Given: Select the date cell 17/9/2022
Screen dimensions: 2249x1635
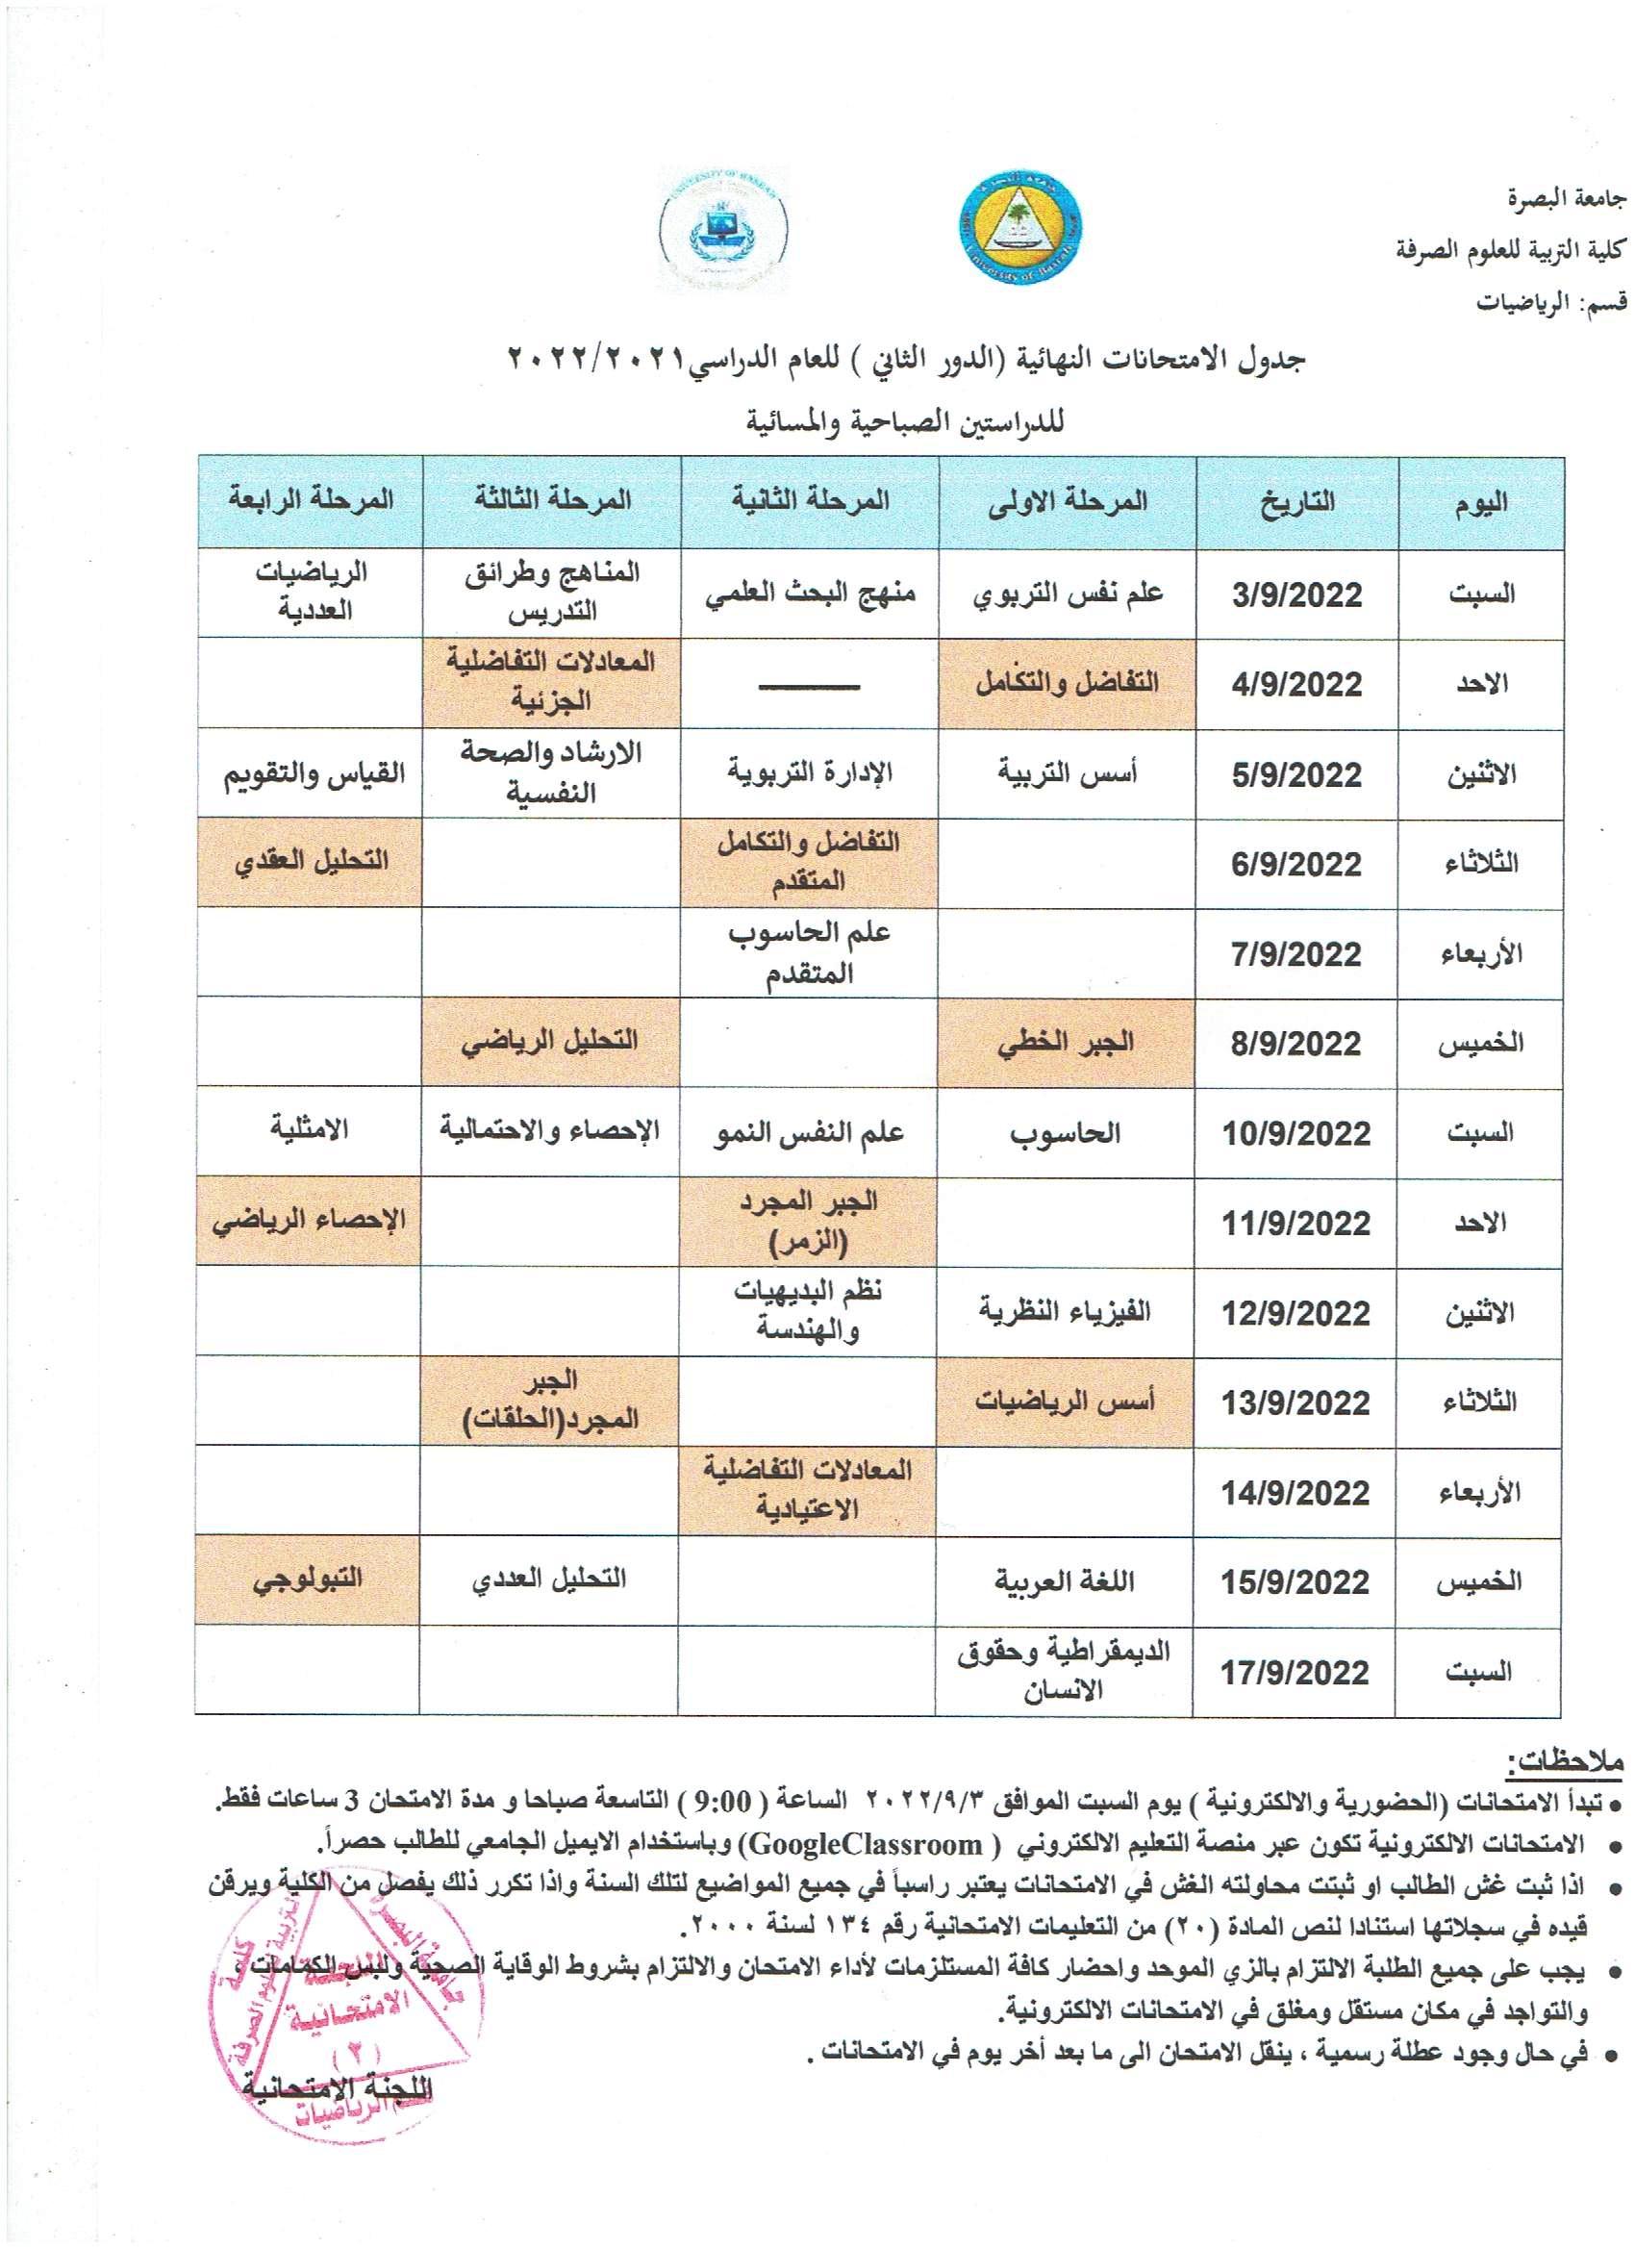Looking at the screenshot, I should point(1295,1673).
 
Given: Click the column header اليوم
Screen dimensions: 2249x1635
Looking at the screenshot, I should point(1480,503).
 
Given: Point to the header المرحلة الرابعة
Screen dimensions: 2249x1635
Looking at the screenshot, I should point(312,500).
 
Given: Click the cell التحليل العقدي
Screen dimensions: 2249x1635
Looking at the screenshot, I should point(312,861).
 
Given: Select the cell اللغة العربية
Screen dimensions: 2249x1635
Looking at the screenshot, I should point(1064,1581).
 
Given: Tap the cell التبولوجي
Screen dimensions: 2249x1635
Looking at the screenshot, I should point(310,1578).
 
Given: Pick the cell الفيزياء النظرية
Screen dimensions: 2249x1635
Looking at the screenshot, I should point(1065,1312).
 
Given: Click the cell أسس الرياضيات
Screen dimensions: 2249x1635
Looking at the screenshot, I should point(1065,1402).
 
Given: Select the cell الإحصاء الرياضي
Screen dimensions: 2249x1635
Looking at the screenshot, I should point(310,1220).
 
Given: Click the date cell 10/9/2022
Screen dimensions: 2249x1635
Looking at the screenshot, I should point(1295,1133).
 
